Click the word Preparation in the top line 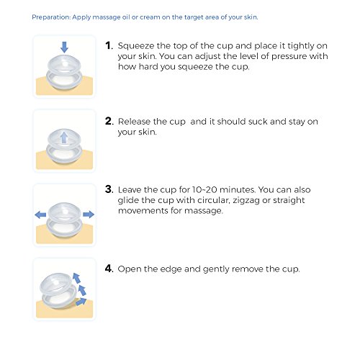coord(51,17)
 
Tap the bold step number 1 coord(109,45)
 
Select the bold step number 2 coord(109,121)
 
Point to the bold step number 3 coord(109,189)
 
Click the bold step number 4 coord(109,269)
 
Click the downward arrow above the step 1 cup coord(64,47)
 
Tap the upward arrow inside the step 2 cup coord(64,138)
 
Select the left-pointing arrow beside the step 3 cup coord(40,215)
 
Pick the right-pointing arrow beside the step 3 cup coord(89,214)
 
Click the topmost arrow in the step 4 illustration coord(76,278)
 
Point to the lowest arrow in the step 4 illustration coord(81,302)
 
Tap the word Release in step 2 coord(134,122)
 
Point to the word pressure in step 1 coord(289,57)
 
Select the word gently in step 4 coord(216,269)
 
